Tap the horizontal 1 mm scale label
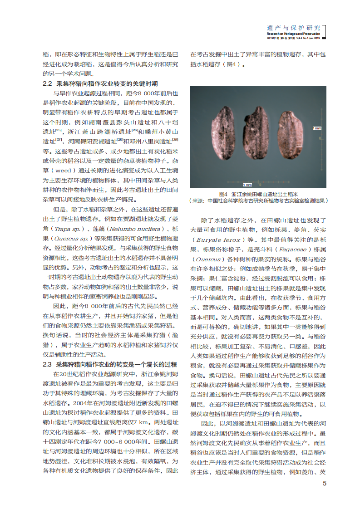pos(247,185)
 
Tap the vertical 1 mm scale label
pos(316,128)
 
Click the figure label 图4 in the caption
pos(222,194)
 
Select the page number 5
pos(324,483)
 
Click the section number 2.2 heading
pos(48,83)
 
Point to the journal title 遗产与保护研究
pos(294,28)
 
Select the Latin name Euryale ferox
pos(217,240)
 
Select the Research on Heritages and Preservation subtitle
pos(293,34)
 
